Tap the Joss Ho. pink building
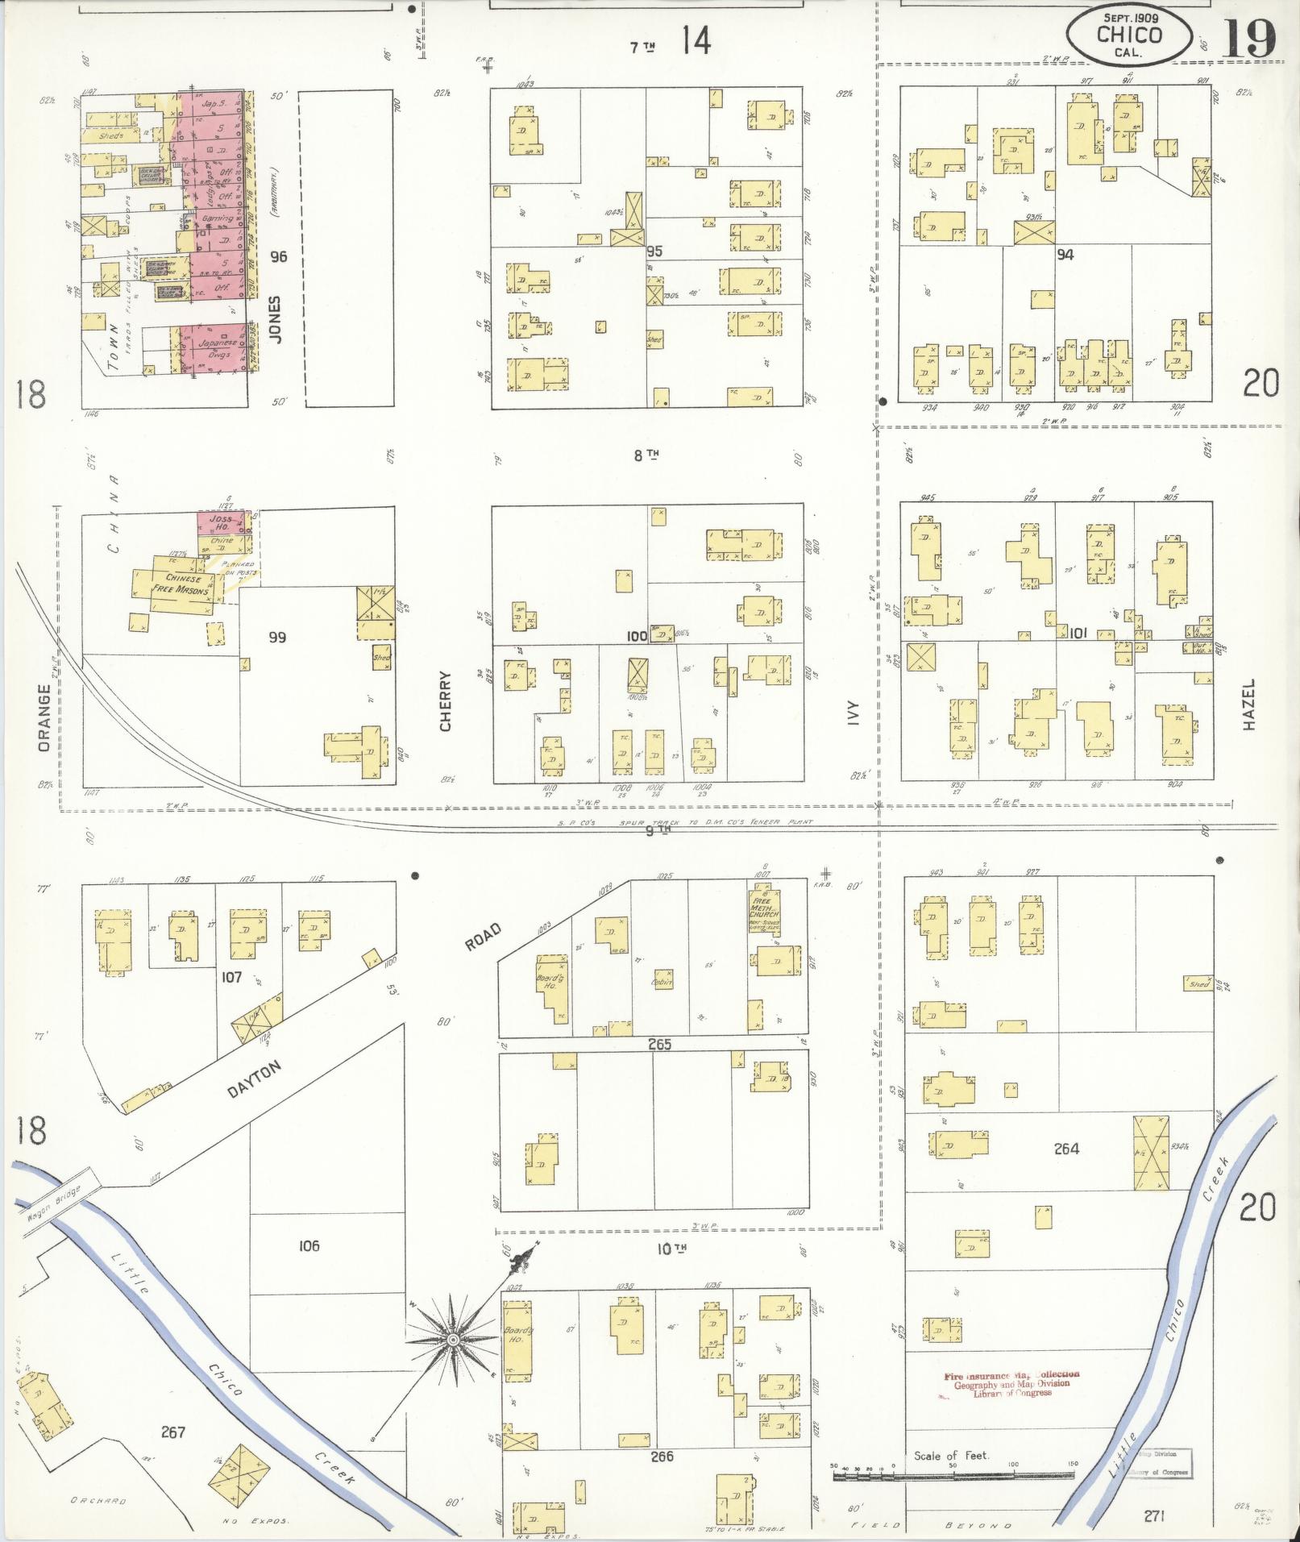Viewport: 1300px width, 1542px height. coord(221,522)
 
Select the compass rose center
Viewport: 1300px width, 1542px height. coord(453,1340)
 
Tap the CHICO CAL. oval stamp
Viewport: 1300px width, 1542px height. coord(1128,35)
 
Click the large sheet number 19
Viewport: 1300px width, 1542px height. coord(1248,39)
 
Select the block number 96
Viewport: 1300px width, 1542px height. coord(279,257)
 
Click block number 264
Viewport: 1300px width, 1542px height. coord(1066,1149)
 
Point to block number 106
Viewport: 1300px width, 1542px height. coord(309,1245)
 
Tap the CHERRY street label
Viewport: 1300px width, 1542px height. coord(446,701)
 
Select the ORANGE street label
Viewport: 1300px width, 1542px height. coord(44,717)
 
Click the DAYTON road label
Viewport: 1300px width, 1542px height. coord(255,1079)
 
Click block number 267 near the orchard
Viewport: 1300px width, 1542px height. coord(173,1432)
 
